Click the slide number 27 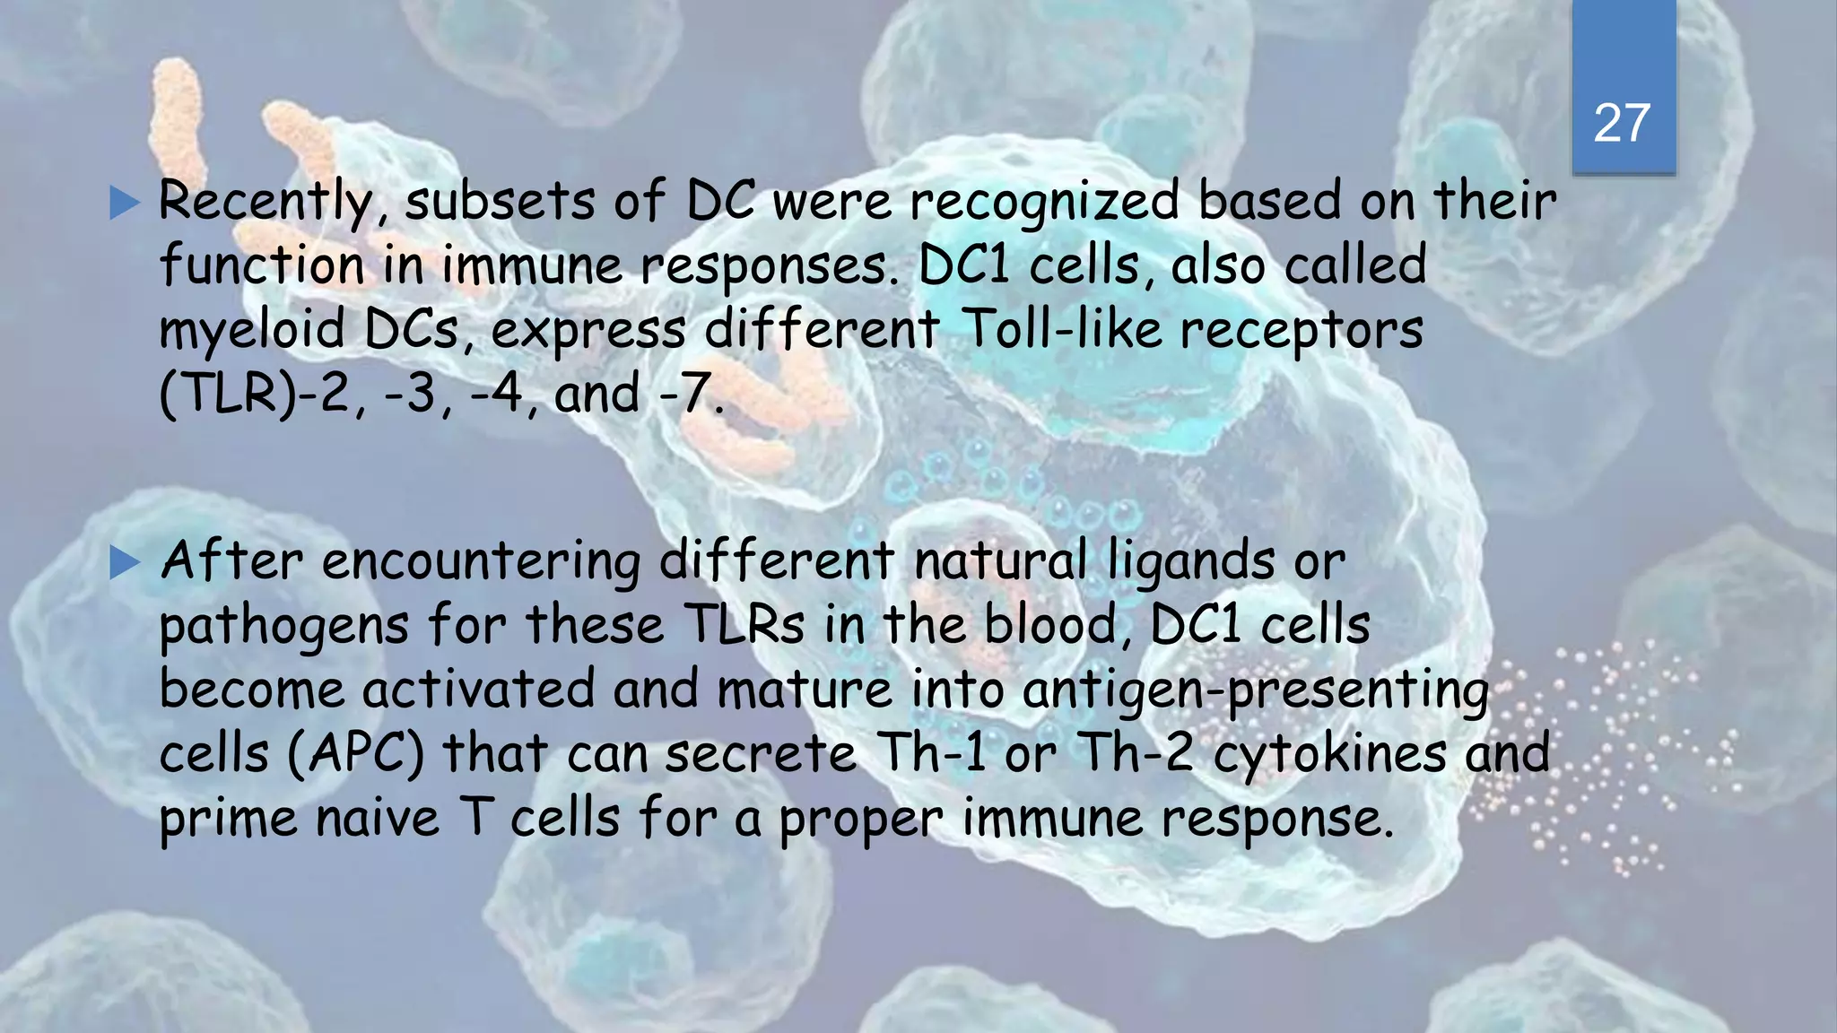pos(1622,123)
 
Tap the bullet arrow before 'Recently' pos(125,204)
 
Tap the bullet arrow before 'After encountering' pos(125,564)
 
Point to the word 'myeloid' pos(252,330)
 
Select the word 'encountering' pos(481,562)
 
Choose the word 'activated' pos(479,690)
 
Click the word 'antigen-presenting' pos(1256,691)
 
